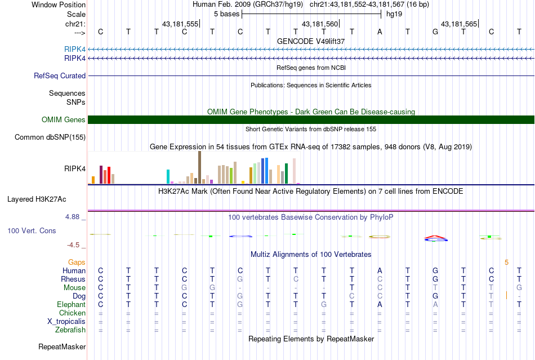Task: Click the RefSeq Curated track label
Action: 60,75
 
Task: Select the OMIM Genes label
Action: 63,119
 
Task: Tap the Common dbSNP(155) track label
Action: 50,137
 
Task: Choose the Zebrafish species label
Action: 72,330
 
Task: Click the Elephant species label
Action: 70,305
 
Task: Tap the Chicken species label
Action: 72,313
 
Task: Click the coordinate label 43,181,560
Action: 320,24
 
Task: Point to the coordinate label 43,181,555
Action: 180,24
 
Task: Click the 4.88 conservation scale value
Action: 74,216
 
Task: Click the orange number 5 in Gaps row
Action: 506,262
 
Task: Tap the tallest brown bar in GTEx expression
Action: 199,167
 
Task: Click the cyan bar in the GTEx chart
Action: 168,176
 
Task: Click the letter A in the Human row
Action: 380,271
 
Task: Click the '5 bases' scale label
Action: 227,14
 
